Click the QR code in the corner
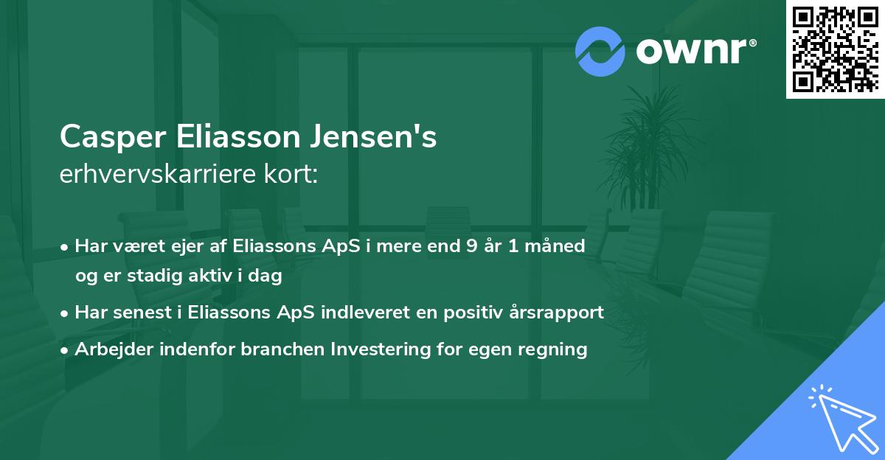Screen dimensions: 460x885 [835, 49]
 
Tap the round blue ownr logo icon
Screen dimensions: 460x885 [600, 52]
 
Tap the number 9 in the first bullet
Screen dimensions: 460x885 [471, 245]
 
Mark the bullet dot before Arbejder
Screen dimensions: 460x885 [66, 349]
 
